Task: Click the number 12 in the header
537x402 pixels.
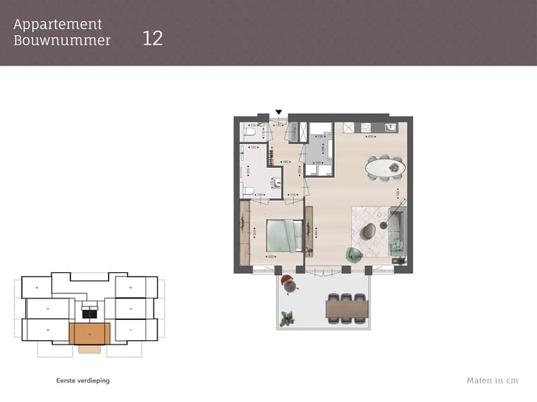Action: [152, 39]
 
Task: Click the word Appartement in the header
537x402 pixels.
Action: [57, 25]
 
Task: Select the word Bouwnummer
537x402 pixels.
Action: [61, 40]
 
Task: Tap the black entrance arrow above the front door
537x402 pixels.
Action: [278, 113]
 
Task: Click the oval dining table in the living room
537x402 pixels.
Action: [385, 169]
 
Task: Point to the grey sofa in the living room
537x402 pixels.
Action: [395, 230]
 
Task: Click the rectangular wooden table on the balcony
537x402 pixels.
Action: [347, 305]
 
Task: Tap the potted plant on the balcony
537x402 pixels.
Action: [286, 318]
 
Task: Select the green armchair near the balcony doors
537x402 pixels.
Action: [354, 255]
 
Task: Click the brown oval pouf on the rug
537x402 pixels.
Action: [368, 232]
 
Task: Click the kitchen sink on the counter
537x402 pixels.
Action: [391, 128]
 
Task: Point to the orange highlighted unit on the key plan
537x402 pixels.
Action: [89, 333]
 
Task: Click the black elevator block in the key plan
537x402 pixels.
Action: [89, 313]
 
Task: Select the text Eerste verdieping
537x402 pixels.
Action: [83, 380]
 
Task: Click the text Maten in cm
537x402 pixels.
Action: [492, 380]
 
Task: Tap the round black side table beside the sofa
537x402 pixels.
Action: [384, 225]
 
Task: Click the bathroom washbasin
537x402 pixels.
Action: [276, 181]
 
